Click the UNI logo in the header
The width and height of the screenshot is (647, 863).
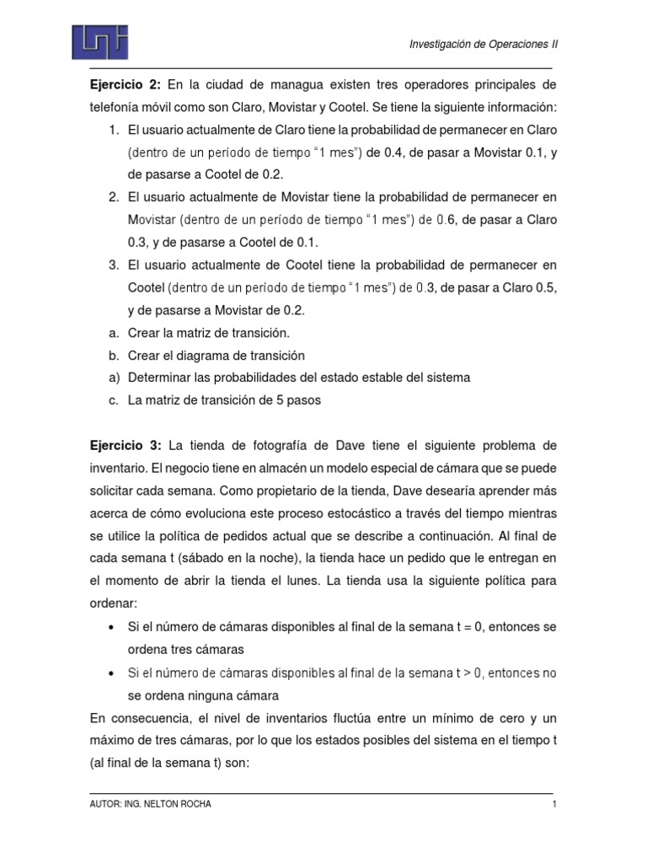pos(99,40)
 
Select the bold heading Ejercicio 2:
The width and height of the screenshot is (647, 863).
pos(126,86)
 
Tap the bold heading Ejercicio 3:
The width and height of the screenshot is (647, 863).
pos(126,444)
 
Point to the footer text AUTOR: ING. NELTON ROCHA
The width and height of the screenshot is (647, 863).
pos(151,805)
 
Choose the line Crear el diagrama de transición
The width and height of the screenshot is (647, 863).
pos(217,356)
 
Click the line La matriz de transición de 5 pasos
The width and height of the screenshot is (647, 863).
pos(224,401)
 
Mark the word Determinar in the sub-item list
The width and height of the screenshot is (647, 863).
pos(158,378)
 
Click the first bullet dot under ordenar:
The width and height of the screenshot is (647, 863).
pos(113,629)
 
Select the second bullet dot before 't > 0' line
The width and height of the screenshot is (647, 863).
pos(113,674)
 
